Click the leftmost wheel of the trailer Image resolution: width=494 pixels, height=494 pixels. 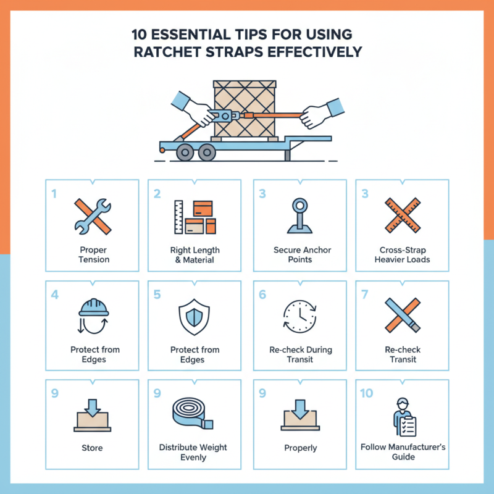[183, 151]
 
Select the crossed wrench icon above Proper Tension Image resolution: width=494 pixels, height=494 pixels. [93, 216]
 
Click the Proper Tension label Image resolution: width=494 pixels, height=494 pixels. [93, 255]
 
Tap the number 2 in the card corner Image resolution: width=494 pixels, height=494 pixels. [157, 193]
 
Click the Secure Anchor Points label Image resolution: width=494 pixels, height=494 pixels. [302, 255]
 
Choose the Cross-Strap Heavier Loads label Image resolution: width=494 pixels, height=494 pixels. [402, 255]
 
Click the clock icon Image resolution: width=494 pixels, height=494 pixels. [301, 316]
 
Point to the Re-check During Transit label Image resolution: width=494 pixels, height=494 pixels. [301, 354]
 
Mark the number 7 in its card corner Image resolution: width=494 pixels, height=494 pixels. [364, 294]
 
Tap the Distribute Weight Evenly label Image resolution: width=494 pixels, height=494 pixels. [193, 451]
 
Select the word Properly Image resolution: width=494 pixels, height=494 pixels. [301, 448]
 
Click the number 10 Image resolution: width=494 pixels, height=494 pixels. [366, 393]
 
